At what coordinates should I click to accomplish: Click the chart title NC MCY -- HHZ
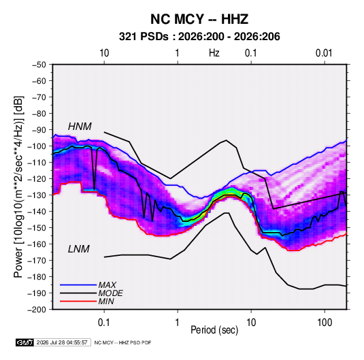199,19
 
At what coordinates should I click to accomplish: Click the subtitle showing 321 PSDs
199,37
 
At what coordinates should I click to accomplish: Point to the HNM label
80,127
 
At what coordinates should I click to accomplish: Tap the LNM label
79,249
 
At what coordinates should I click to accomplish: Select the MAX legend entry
107,285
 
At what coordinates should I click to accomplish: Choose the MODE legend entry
110,293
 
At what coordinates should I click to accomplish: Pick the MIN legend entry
106,301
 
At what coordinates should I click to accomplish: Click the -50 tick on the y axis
39,65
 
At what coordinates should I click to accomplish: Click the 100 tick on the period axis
325,323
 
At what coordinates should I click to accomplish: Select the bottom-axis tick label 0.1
104,323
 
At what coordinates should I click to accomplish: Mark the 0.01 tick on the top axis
324,53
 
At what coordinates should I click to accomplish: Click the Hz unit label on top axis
214,53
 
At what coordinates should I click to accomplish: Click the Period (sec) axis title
214,330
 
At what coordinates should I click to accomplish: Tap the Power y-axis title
18,186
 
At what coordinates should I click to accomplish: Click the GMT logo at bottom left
25,342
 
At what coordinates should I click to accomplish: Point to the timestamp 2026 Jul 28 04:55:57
62,342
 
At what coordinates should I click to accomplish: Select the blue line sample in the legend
78,285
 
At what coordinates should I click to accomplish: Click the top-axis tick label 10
104,53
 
